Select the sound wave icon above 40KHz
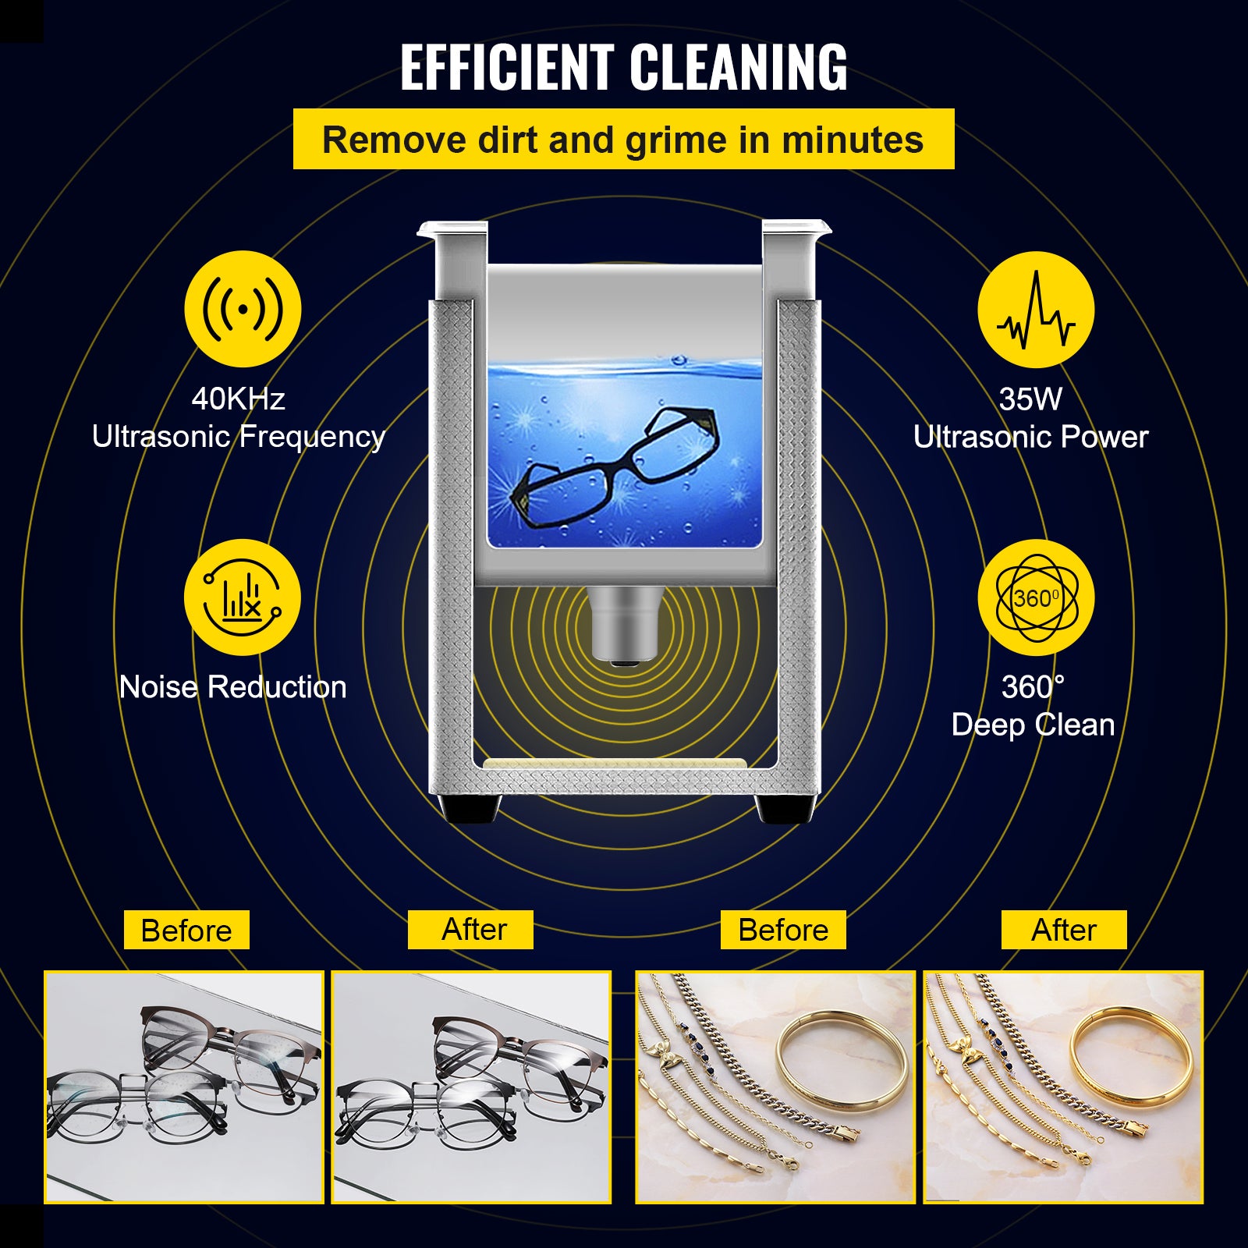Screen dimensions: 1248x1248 (x=243, y=309)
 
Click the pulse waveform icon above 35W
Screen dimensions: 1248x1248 (x=1036, y=310)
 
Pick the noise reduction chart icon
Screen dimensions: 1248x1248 (x=242, y=597)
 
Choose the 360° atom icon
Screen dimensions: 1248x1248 (x=1036, y=597)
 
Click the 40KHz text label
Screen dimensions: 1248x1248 (x=238, y=399)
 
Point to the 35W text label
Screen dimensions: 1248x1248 (x=1030, y=399)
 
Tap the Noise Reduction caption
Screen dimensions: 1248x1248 (x=232, y=687)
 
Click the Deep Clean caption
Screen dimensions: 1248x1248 (x=1033, y=725)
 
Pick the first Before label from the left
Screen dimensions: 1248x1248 (x=186, y=930)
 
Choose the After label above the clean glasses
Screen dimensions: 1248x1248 (x=470, y=930)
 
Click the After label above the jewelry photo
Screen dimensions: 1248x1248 (x=1064, y=930)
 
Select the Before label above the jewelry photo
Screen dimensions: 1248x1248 (x=783, y=930)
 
